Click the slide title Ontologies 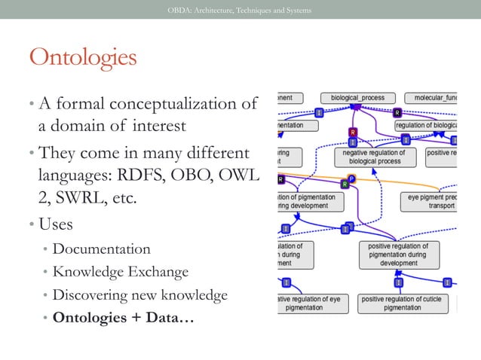82,57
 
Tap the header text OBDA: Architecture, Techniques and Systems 239,10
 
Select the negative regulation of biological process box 374,157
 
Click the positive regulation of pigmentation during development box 398,255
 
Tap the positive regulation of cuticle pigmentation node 403,304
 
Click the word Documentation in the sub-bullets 102,249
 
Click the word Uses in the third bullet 55,224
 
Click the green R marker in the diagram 345,183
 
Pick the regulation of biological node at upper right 426,125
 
